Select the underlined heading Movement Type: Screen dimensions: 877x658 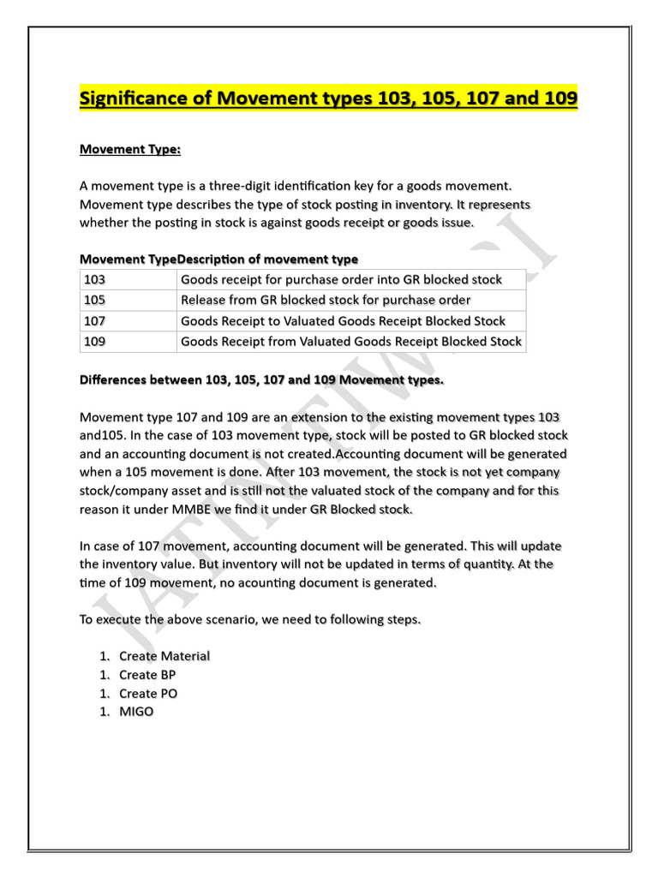coord(130,149)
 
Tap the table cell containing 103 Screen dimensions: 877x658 coord(128,279)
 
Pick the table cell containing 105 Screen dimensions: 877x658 coord(128,300)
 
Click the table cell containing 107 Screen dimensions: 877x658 coord(128,321)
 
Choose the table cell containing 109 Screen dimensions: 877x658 coord(128,342)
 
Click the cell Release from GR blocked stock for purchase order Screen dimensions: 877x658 coord(326,300)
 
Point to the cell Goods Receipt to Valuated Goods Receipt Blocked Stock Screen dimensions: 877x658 coord(343,321)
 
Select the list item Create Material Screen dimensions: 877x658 coord(164,656)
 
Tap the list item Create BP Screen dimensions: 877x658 coord(147,675)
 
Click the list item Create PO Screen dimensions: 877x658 coord(148,694)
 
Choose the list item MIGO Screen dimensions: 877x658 coord(136,712)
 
